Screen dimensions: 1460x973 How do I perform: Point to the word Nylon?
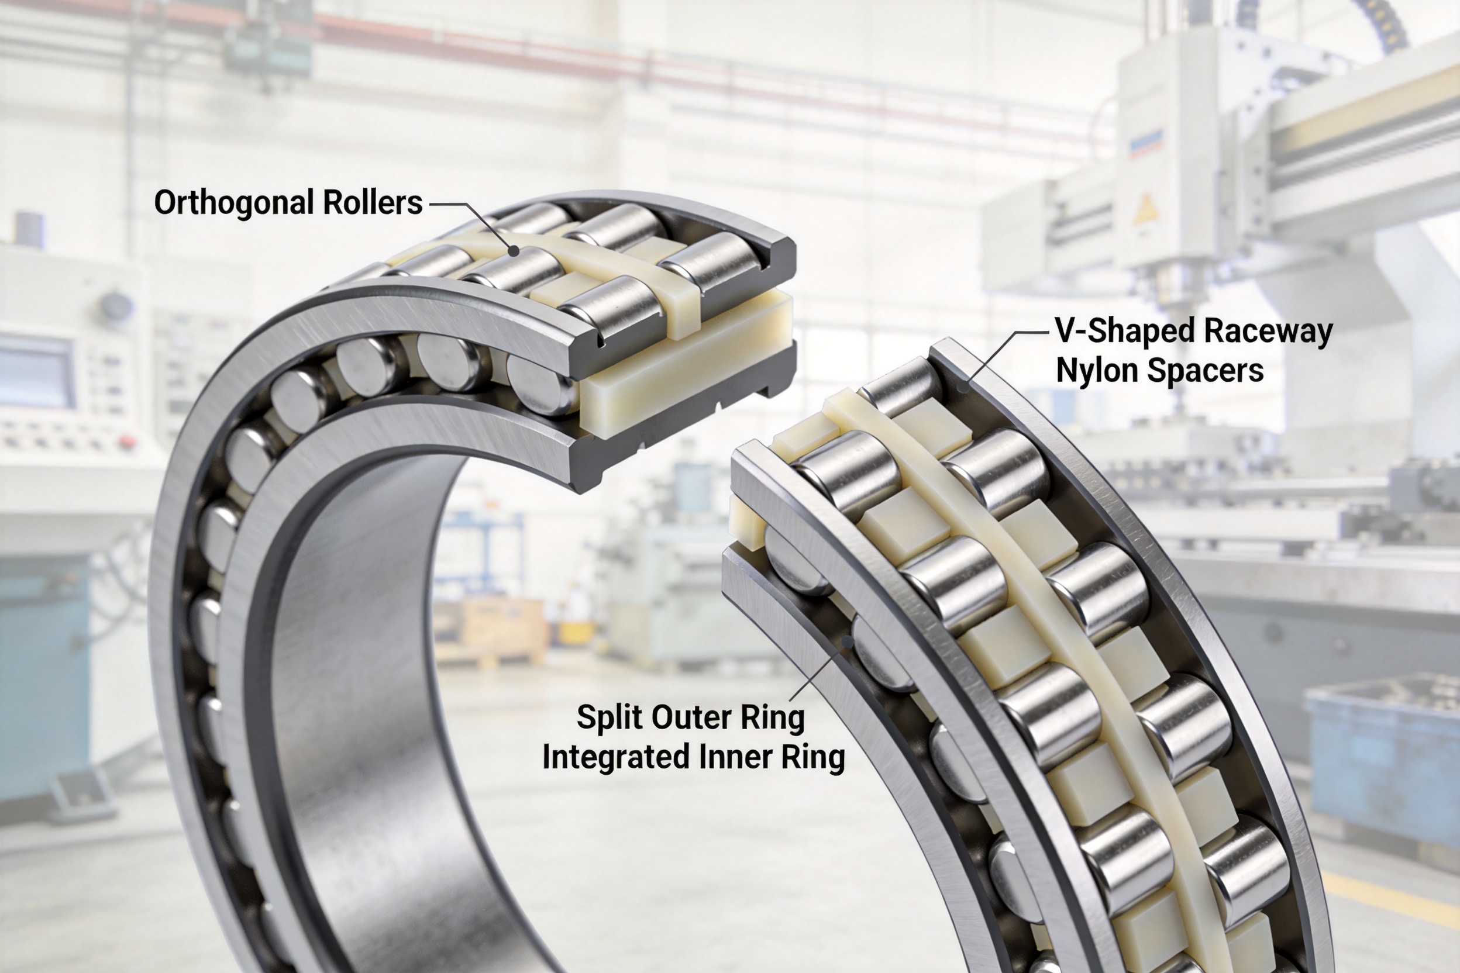[x=1096, y=371]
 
